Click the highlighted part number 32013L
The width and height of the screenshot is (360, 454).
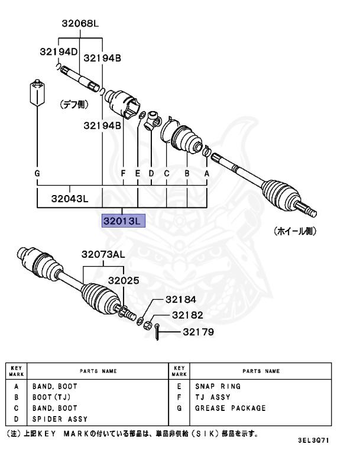(x=122, y=221)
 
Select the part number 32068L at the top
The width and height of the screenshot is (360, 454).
(x=80, y=24)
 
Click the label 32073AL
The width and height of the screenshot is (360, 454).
(x=103, y=255)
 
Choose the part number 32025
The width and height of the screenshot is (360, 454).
(x=124, y=281)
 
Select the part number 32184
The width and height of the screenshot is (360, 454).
(x=180, y=300)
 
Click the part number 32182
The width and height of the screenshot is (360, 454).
(x=187, y=316)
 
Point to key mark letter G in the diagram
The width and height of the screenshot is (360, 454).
(x=37, y=173)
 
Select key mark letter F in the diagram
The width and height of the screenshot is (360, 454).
(x=123, y=173)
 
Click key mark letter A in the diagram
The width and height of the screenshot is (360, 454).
(x=207, y=173)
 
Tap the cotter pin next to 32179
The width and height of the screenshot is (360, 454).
(x=157, y=333)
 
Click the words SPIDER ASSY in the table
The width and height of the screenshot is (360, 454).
(x=60, y=419)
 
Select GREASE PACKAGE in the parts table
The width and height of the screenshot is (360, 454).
(x=230, y=408)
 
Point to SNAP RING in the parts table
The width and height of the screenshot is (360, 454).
(x=218, y=386)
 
